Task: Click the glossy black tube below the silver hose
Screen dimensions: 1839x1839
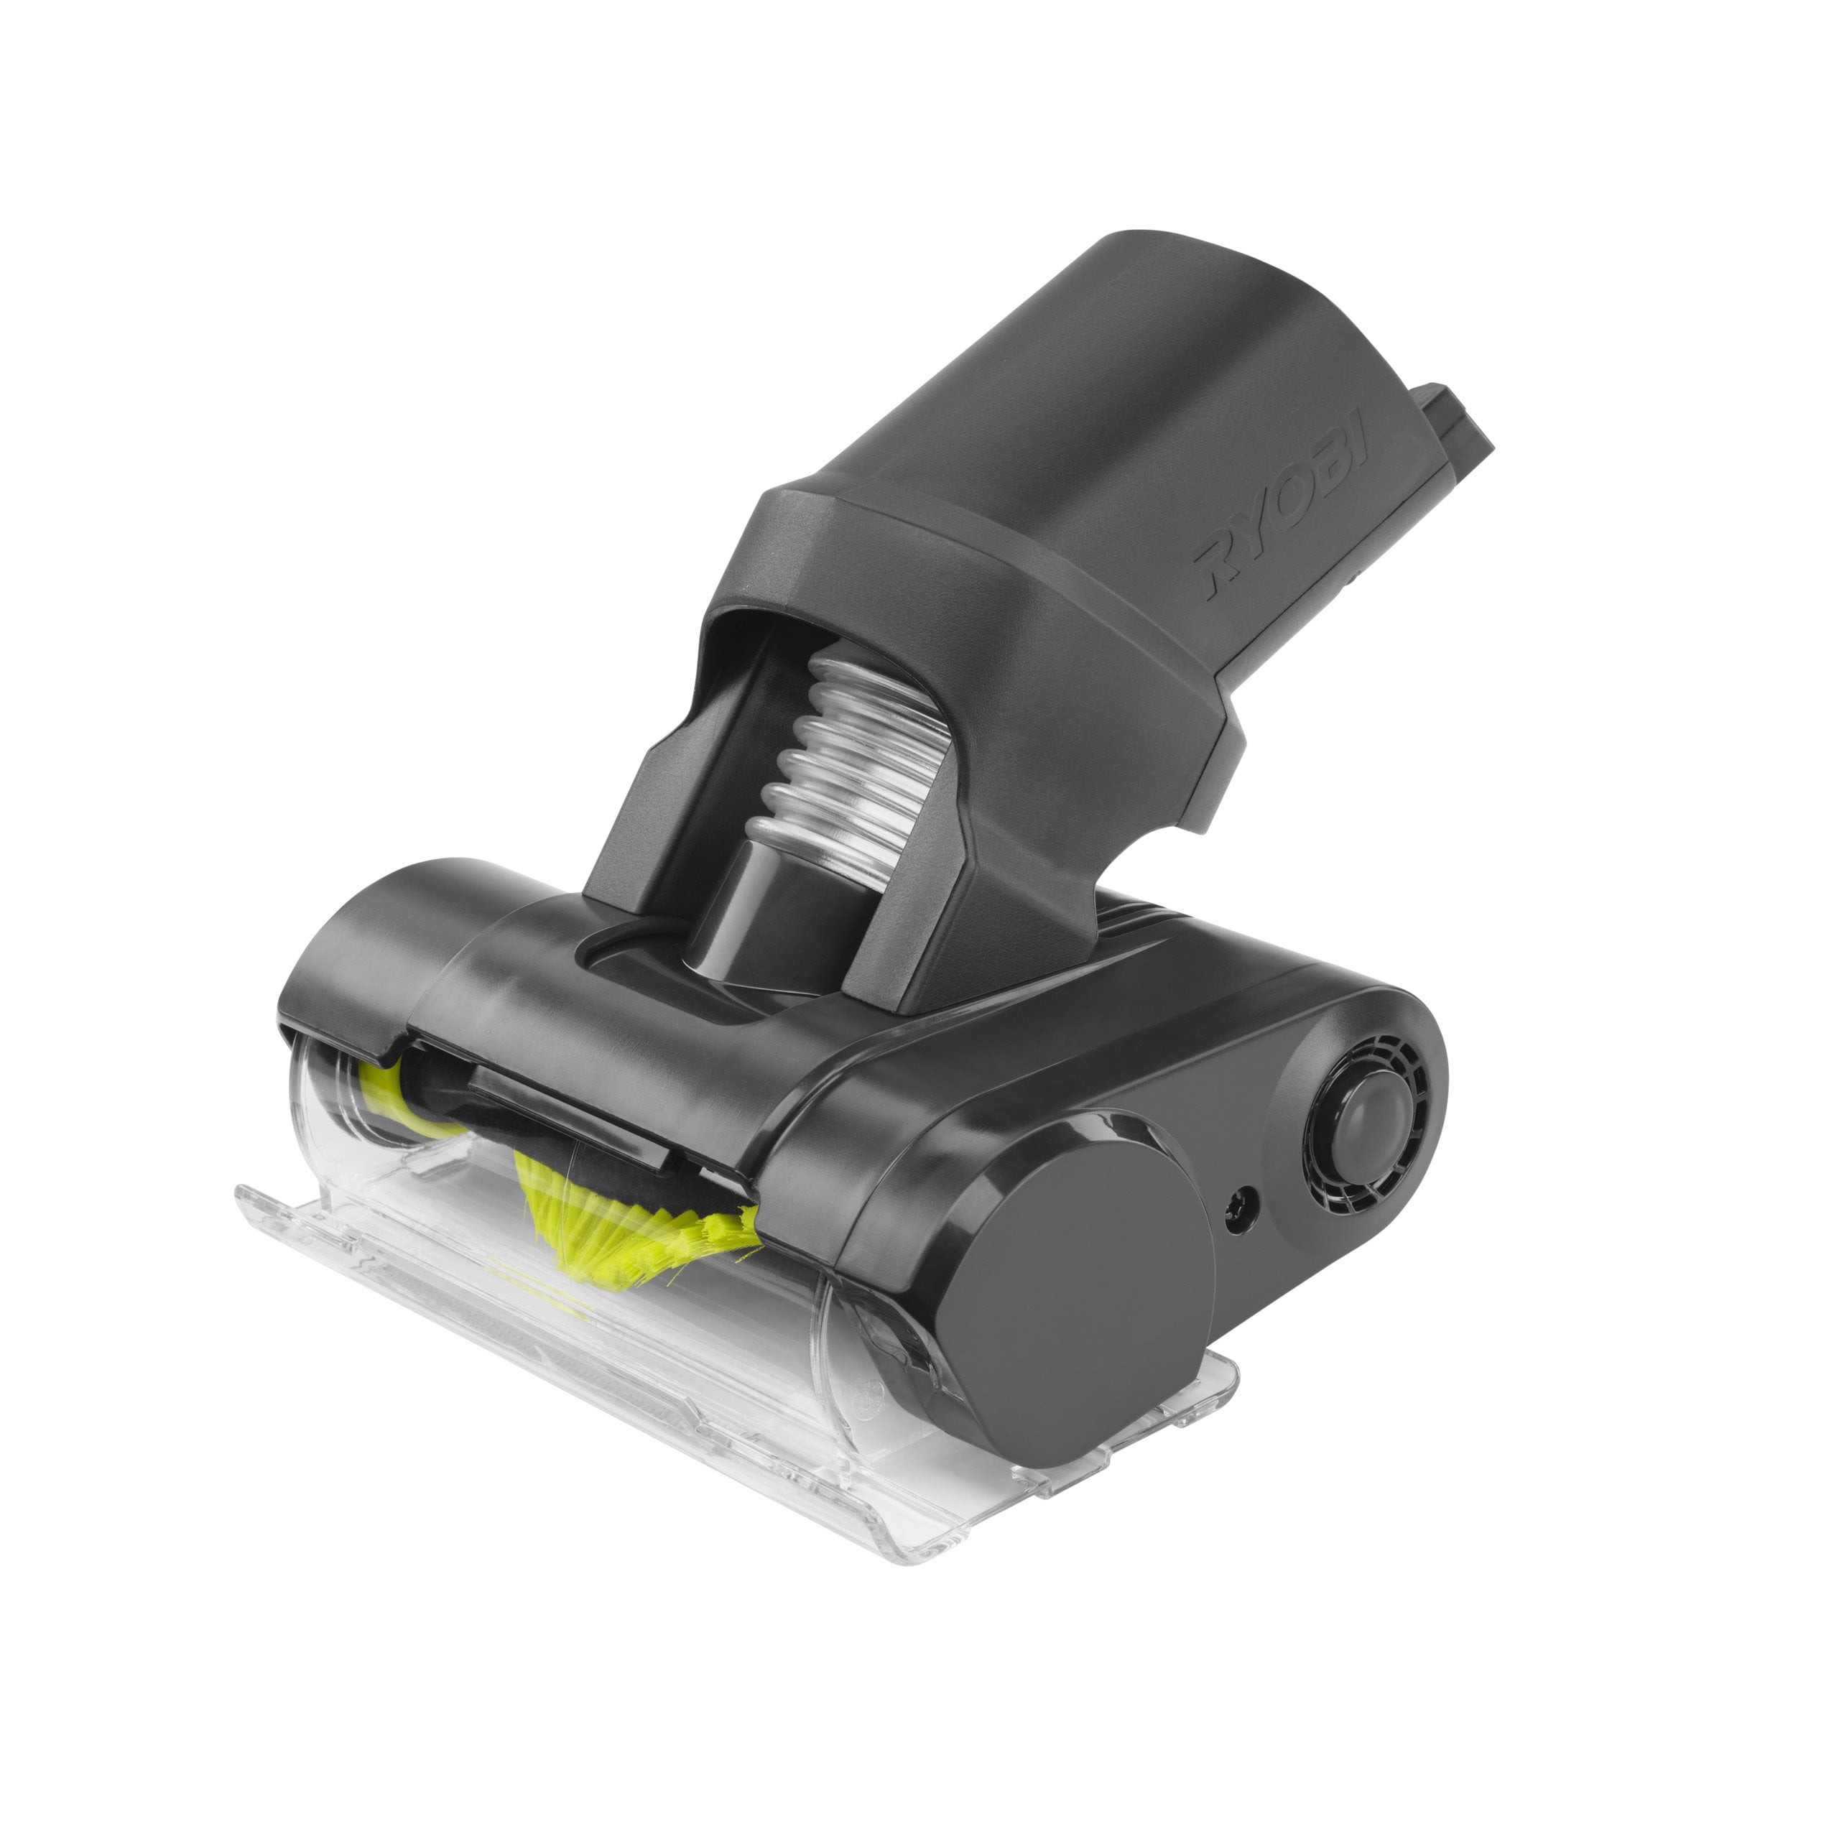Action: tap(752, 904)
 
